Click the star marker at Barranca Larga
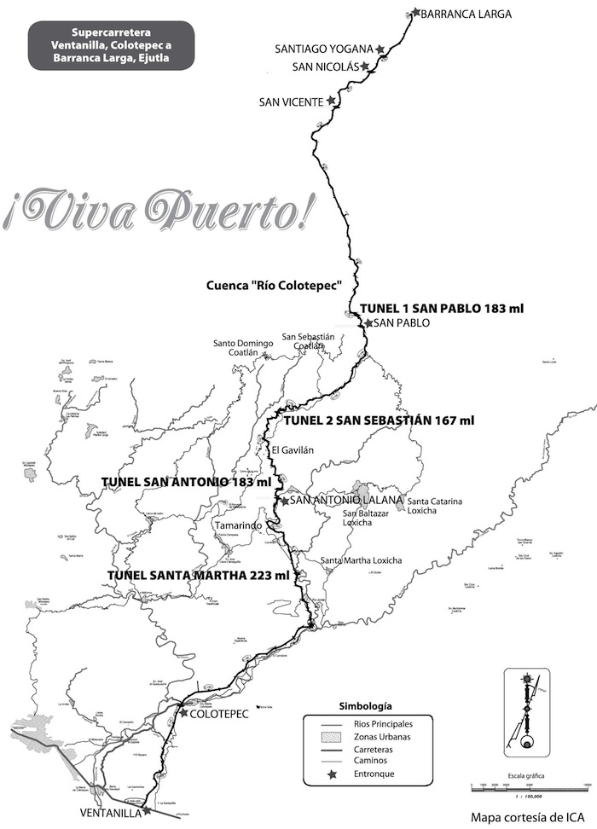pyautogui.click(x=415, y=12)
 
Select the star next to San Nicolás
pyautogui.click(x=364, y=66)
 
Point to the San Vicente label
pyautogui.click(x=291, y=101)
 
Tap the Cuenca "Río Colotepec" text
pyautogui.click(x=274, y=285)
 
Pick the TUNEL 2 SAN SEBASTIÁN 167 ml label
pyautogui.click(x=378, y=420)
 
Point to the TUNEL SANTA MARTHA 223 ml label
pyautogui.click(x=199, y=576)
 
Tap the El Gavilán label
pyautogui.click(x=287, y=450)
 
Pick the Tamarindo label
pyautogui.click(x=237, y=526)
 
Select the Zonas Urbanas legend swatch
pyautogui.click(x=321, y=736)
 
